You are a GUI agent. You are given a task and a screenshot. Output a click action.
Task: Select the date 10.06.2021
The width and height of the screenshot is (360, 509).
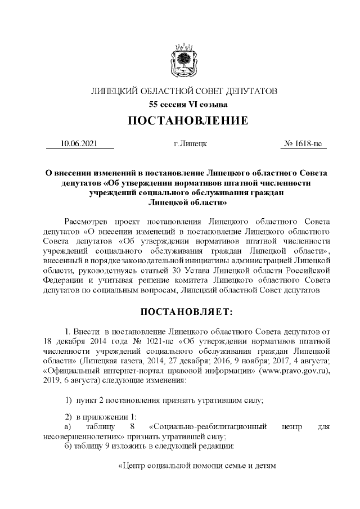[79, 144]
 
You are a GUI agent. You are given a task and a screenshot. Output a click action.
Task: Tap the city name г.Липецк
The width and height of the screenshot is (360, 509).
[191, 144]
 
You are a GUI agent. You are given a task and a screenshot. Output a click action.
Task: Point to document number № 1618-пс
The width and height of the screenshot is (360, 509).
[304, 144]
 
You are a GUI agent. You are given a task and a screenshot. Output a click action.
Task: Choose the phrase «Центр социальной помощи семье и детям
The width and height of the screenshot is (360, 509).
[198, 466]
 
